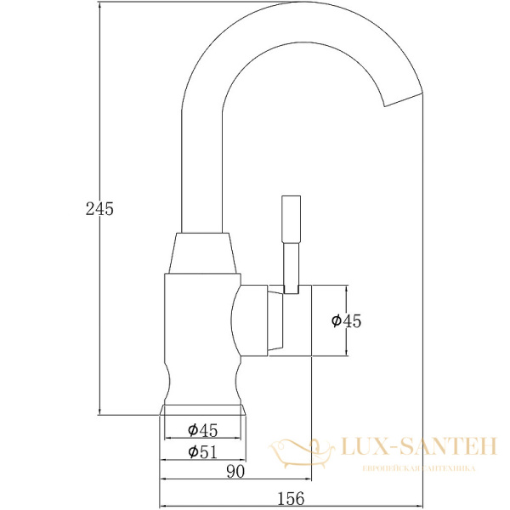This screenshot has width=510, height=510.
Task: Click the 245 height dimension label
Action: click(x=99, y=208)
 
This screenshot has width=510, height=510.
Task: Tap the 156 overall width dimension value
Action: click(x=290, y=498)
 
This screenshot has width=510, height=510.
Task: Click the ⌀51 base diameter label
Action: click(x=201, y=451)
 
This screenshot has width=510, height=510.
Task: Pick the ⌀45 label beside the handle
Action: click(x=346, y=320)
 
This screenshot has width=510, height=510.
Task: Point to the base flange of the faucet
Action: click(x=204, y=410)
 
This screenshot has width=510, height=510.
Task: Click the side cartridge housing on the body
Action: click(x=255, y=320)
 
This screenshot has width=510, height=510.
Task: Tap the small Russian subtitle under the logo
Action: click(x=418, y=468)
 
